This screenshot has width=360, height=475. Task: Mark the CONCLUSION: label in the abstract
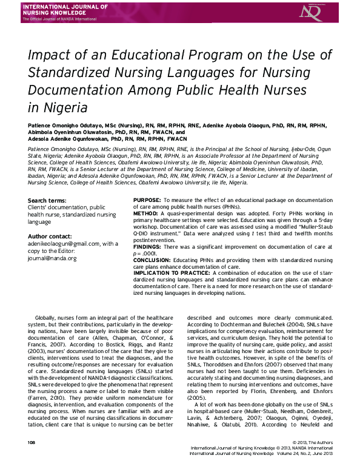[154, 261]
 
